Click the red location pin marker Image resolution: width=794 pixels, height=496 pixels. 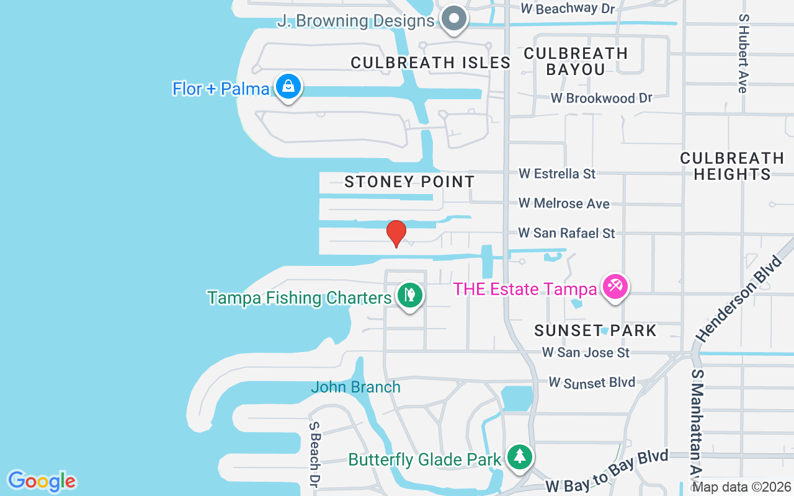pyautogui.click(x=396, y=233)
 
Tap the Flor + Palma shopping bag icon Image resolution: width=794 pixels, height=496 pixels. pyautogui.click(x=288, y=87)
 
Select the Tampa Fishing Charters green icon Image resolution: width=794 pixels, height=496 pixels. pyautogui.click(x=409, y=295)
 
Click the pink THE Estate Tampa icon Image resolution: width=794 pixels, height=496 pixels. pyautogui.click(x=615, y=287)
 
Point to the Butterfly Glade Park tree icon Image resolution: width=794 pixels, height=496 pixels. pyautogui.click(x=519, y=457)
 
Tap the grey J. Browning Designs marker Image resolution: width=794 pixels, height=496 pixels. pyautogui.click(x=455, y=18)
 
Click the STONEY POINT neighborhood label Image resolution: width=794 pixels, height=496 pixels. pyautogui.click(x=409, y=182)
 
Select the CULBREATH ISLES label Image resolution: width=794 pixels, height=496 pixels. pyautogui.click(x=430, y=63)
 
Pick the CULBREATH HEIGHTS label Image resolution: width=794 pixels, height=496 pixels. pyautogui.click(x=732, y=166)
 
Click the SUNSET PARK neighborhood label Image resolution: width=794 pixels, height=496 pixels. pyautogui.click(x=595, y=330)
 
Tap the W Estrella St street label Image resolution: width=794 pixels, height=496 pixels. pyautogui.click(x=557, y=174)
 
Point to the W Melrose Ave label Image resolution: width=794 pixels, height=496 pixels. pyautogui.click(x=564, y=203)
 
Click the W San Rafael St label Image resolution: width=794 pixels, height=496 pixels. pyautogui.click(x=566, y=233)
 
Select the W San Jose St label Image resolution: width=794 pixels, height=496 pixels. pyautogui.click(x=586, y=352)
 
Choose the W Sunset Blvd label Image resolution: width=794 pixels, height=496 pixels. pyautogui.click(x=592, y=382)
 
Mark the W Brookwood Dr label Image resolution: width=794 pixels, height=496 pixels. pyautogui.click(x=602, y=98)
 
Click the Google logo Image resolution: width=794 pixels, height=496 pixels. pyautogui.click(x=42, y=481)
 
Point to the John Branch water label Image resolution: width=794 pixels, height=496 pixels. pyautogui.click(x=355, y=387)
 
